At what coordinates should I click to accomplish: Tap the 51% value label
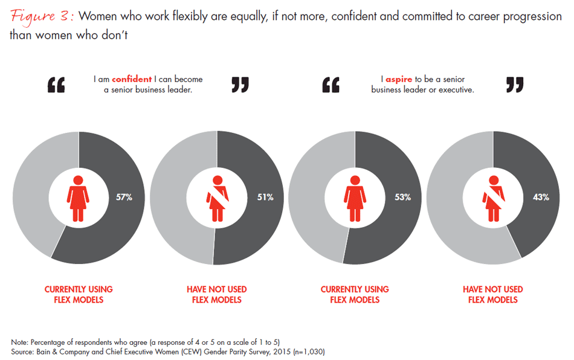point(265,197)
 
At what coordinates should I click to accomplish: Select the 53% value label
point(403,197)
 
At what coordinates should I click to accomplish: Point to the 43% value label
point(541,197)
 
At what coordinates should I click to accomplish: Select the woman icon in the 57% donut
point(78,197)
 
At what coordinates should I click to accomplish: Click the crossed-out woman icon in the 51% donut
point(216,197)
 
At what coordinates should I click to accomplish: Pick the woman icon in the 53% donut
point(355,197)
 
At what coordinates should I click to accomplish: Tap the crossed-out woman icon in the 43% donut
point(493,197)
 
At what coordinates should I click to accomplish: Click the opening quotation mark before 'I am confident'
point(56,85)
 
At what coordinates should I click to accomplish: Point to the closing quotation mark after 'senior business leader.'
point(240,85)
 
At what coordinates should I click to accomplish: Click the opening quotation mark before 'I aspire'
point(331,85)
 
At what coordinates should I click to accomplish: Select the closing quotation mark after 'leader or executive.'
point(514,85)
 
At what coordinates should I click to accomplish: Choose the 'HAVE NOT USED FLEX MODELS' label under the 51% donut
point(216,294)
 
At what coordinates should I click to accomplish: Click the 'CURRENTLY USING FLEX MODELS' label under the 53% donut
point(355,294)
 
